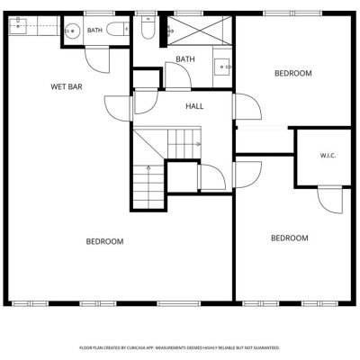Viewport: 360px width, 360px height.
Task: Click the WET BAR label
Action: (67, 87)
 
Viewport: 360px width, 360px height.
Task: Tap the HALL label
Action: (194, 106)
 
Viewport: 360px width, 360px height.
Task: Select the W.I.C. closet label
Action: (328, 156)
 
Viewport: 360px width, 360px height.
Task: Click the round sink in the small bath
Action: (72, 31)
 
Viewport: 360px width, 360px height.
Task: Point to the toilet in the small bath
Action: (118, 29)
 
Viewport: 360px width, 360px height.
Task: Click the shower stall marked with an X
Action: (199, 31)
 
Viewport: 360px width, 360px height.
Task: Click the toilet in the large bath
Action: (148, 28)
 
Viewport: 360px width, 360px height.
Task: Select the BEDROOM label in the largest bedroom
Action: (104, 241)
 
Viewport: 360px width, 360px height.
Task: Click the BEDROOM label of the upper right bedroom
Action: (293, 73)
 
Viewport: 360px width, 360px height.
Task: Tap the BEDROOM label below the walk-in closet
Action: (290, 238)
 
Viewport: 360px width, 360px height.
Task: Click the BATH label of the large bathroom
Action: (185, 59)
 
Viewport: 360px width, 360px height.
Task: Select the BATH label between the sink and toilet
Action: (94, 31)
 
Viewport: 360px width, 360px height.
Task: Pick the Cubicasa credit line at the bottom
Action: (179, 347)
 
